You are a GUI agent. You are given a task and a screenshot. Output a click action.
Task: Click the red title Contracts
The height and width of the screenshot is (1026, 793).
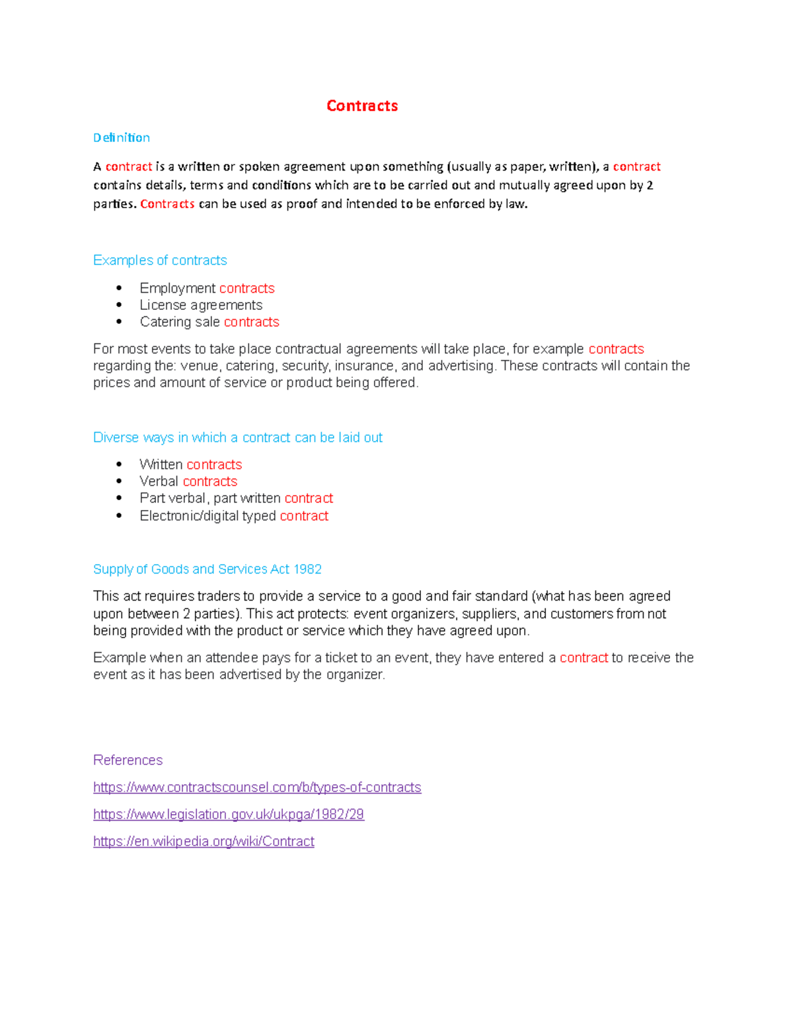tap(362, 106)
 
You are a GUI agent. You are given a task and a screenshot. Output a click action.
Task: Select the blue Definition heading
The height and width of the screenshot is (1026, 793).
tap(122, 137)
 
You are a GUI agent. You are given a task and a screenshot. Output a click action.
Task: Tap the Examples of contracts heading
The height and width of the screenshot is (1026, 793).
tap(160, 260)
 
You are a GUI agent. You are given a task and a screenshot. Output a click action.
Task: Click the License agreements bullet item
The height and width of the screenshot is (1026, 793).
tap(201, 305)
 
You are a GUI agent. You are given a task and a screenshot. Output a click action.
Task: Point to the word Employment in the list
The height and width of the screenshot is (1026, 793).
tap(177, 289)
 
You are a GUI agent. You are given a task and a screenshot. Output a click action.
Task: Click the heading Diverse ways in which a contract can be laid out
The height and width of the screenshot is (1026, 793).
tap(238, 437)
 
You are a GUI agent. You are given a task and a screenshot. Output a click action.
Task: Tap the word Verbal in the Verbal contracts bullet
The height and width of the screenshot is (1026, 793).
tap(159, 482)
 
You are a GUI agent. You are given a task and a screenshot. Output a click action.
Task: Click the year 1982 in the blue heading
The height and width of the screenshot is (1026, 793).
tap(307, 569)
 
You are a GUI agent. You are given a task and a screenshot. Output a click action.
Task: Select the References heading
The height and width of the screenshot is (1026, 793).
tap(128, 760)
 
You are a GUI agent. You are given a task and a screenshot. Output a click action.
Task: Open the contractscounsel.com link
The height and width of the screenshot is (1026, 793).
tap(257, 788)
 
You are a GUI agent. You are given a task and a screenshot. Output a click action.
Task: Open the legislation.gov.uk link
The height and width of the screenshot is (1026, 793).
tap(229, 815)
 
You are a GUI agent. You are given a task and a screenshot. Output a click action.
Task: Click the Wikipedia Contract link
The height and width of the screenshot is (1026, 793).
tap(204, 842)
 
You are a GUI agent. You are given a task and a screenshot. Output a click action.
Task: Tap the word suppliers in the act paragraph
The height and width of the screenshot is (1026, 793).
tap(489, 614)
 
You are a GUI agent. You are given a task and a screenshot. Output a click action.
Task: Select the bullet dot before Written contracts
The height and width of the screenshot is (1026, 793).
tap(119, 464)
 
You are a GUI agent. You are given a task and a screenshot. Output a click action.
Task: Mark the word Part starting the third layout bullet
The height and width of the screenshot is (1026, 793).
tap(151, 499)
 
